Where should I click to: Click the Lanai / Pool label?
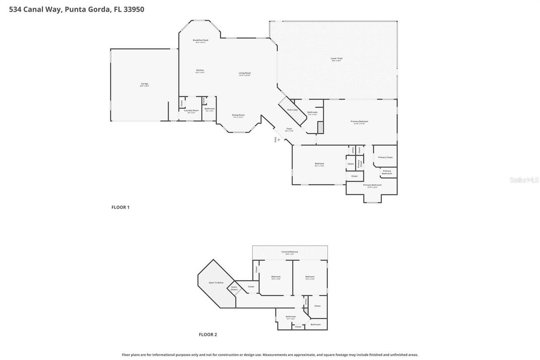pyautogui.click(x=336, y=59)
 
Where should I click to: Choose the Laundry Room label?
pyautogui.click(x=191, y=111)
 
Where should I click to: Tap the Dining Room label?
pyautogui.click(x=238, y=116)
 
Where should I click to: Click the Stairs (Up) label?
pyautogui.click(x=292, y=110)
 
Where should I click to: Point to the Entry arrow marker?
pyautogui.click(x=278, y=139)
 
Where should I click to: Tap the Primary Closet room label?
pyautogui.click(x=385, y=157)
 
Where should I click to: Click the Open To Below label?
pyautogui.click(x=216, y=283)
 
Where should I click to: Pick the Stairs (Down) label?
pyautogui.click(x=234, y=288)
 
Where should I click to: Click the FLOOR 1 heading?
pyautogui.click(x=120, y=207)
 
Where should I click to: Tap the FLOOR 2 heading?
pyautogui.click(x=208, y=335)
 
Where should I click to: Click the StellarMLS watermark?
pyautogui.click(x=524, y=180)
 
